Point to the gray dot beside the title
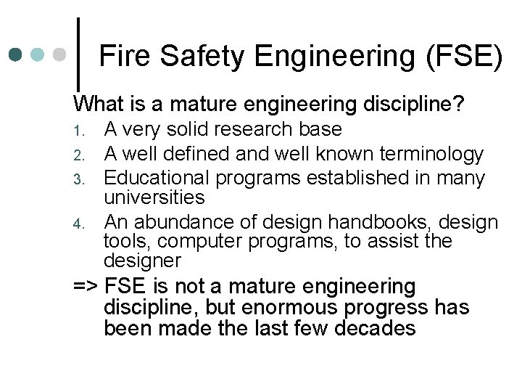coord(61,54)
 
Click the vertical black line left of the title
coord(78,45)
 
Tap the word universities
coord(154,197)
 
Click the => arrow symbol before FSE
coord(86,287)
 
